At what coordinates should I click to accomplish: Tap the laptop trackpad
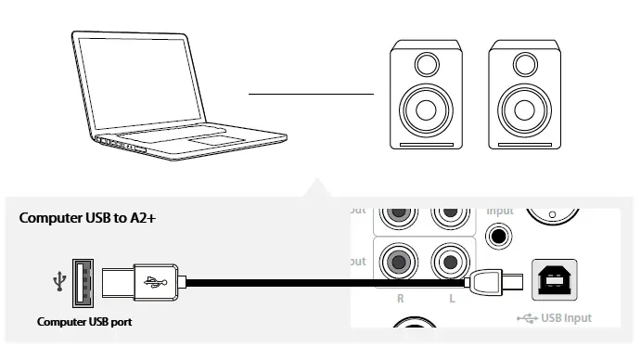pos(216,140)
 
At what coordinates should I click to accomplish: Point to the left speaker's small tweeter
pos(426,65)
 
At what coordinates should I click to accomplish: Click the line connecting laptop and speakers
pos(310,94)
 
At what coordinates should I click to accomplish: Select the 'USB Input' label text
pos(564,318)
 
